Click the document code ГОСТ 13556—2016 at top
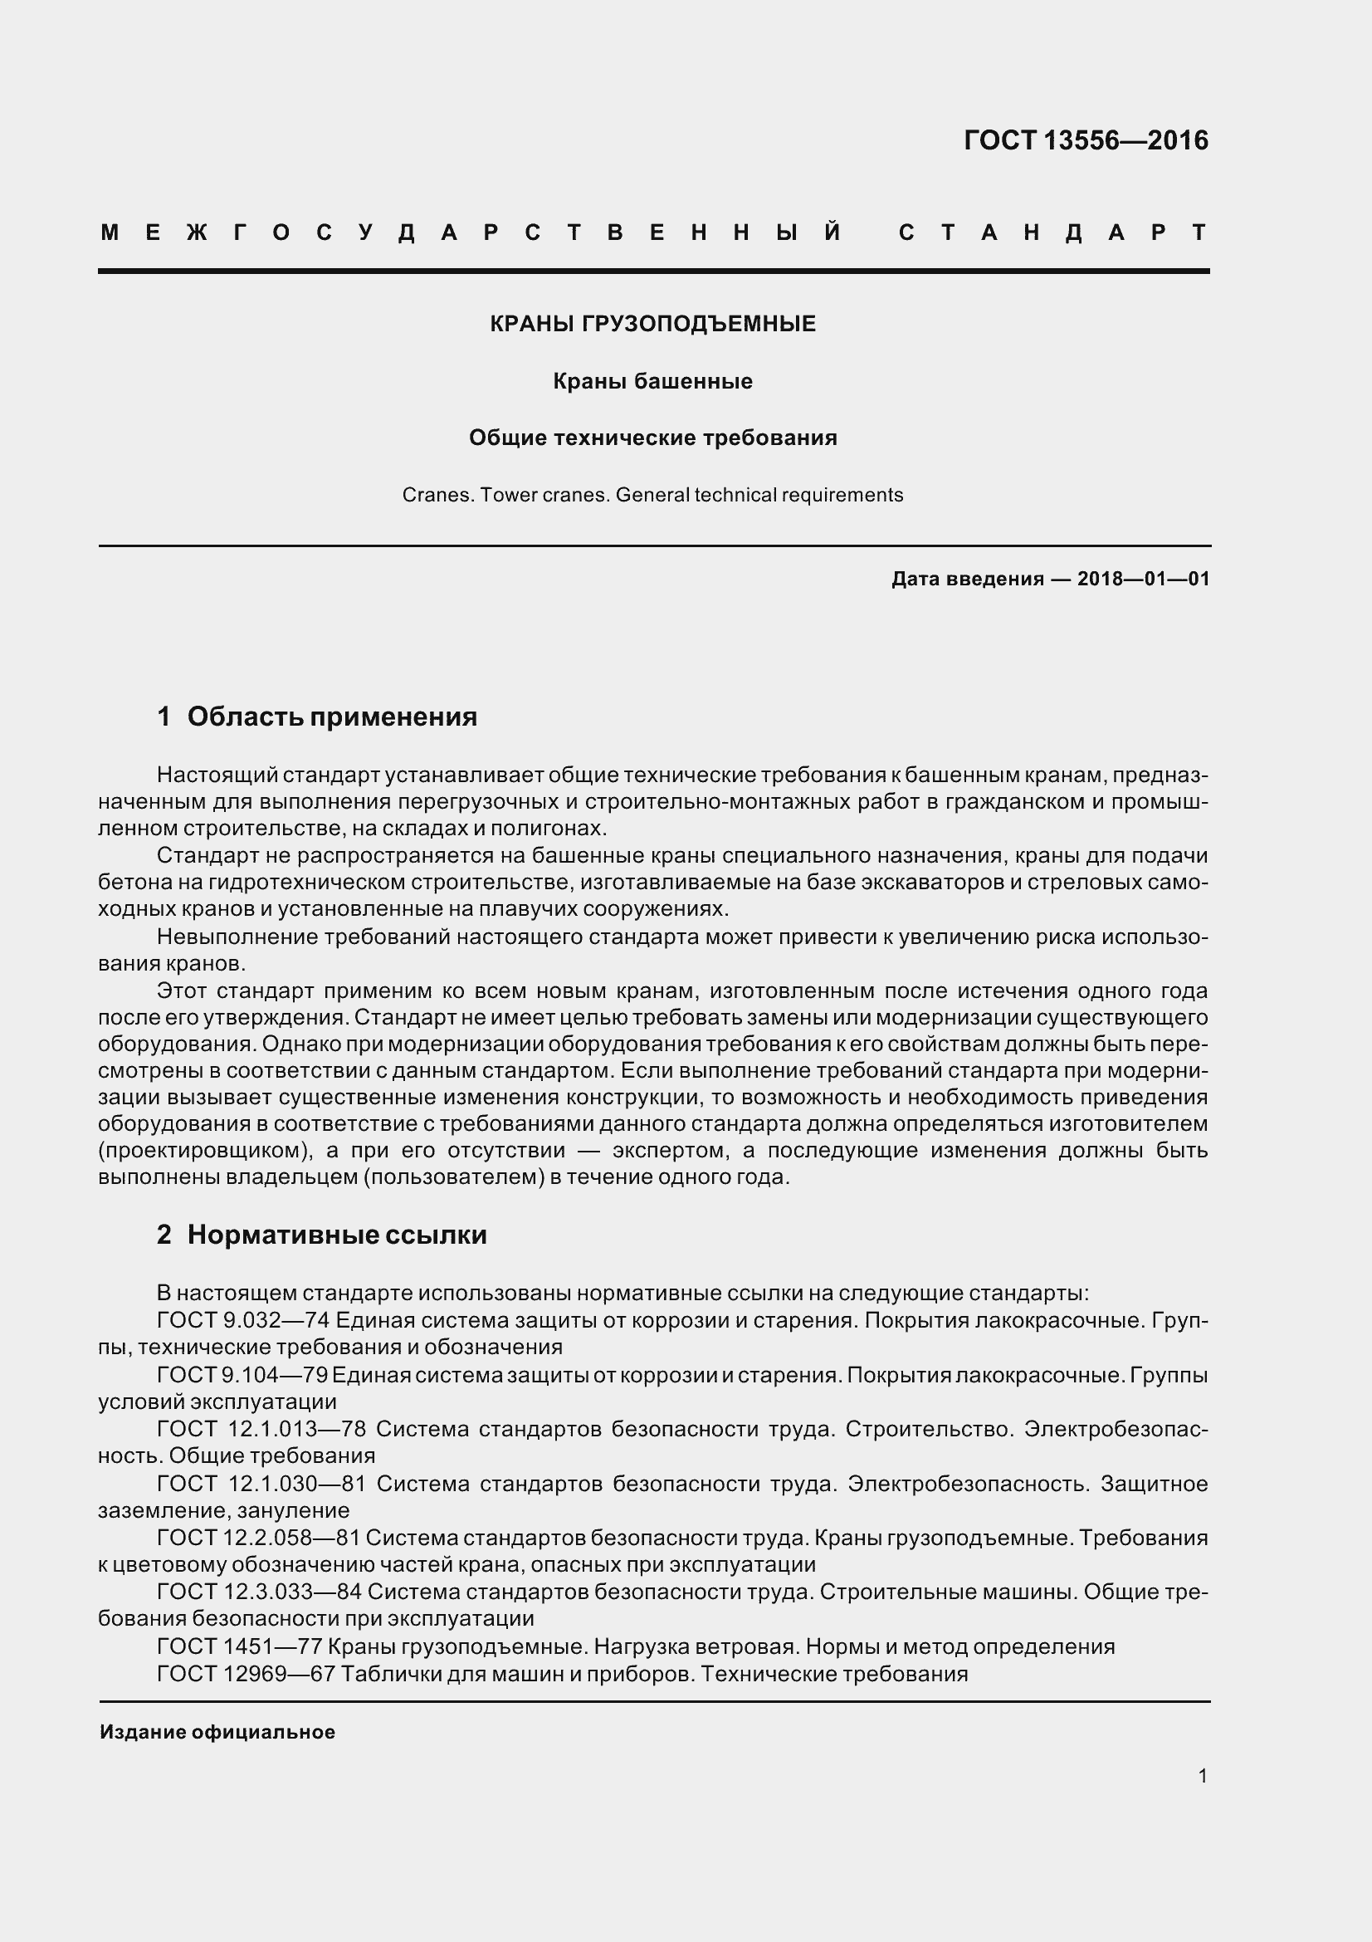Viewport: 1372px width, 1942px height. (x=1086, y=140)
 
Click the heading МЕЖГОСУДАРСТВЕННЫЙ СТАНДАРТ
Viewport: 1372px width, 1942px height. (x=653, y=232)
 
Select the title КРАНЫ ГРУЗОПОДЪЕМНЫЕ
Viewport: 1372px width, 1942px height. (x=652, y=324)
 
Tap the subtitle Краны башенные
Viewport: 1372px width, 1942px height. (x=652, y=381)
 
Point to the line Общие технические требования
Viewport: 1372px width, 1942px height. (x=652, y=438)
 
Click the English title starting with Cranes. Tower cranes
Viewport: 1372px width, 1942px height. (x=652, y=495)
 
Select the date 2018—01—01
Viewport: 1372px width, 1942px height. (x=1143, y=580)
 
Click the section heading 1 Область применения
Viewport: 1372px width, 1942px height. (x=317, y=717)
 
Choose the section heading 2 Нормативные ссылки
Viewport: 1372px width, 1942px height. (x=322, y=1235)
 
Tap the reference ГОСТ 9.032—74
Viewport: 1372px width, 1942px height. (x=242, y=1320)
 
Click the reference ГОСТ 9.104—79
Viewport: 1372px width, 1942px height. (x=242, y=1375)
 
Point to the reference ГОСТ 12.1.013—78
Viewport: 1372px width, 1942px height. (x=261, y=1430)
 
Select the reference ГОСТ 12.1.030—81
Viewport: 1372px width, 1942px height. (x=261, y=1485)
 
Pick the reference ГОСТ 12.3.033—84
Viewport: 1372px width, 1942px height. (x=259, y=1592)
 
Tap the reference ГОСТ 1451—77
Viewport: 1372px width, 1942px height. (x=238, y=1646)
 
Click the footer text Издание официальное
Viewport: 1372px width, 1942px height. (x=217, y=1732)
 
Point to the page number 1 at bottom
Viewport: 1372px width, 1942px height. (x=1202, y=1776)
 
